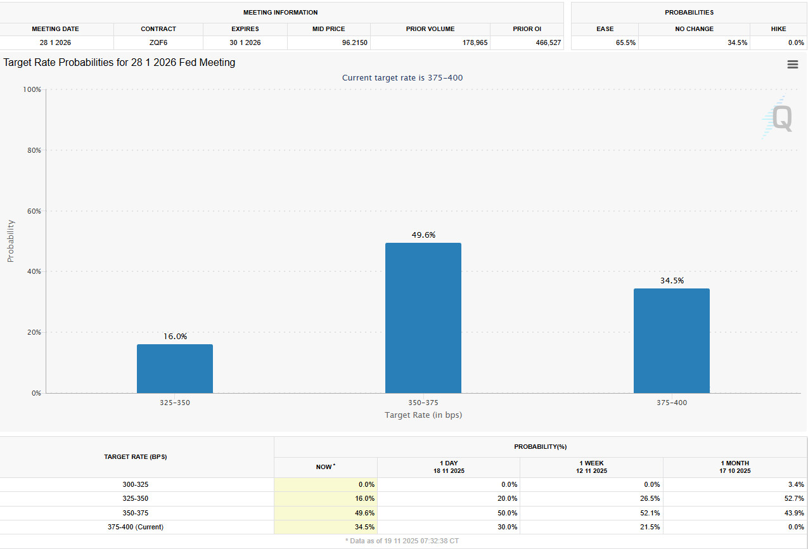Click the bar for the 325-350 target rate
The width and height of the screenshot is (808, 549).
coord(174,368)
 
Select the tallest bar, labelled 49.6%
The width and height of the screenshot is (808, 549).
coord(423,318)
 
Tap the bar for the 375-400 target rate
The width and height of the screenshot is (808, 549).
coord(671,340)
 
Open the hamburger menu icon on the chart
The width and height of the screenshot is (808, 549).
coord(792,65)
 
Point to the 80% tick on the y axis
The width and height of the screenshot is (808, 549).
coord(32,150)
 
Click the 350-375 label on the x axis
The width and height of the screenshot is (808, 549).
coord(423,403)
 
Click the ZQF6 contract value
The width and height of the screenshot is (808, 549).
coord(158,43)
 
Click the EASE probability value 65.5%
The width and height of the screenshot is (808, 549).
coord(625,43)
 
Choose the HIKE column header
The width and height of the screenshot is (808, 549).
coord(778,29)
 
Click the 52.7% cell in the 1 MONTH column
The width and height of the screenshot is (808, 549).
coord(793,498)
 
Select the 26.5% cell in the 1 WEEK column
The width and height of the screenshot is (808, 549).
coord(650,498)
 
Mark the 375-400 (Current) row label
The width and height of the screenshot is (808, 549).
coord(136,527)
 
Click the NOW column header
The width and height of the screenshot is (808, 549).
coord(324,467)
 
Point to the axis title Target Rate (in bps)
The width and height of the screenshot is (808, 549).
coord(423,415)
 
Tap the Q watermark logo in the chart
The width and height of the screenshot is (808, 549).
coord(778,118)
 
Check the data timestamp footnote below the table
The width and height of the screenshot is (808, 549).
coord(402,541)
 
